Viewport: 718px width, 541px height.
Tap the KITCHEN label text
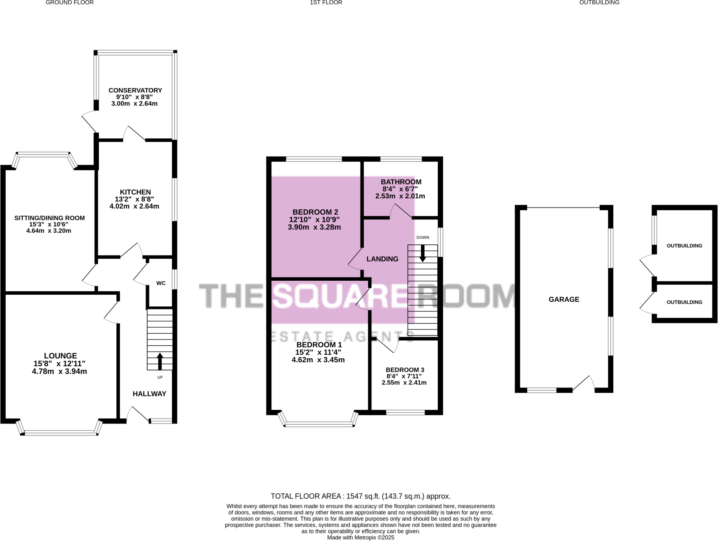[135, 192]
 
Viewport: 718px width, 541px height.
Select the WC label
[161, 283]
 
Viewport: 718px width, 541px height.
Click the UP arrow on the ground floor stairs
[160, 361]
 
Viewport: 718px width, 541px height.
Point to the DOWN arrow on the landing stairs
[422, 253]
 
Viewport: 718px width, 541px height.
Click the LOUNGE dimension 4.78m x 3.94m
[60, 371]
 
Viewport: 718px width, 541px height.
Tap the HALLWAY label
[149, 394]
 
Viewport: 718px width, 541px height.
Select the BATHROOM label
[401, 182]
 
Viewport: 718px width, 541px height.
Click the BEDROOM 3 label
[405, 370]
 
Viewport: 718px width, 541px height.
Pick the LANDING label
[382, 259]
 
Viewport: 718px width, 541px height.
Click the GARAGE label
[564, 299]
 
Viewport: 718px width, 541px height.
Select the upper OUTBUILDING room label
[684, 246]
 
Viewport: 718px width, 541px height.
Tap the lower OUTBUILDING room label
[684, 302]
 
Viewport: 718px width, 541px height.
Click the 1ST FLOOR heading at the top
[326, 3]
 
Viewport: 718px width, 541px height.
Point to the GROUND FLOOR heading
[70, 3]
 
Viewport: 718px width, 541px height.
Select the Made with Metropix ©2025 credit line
[360, 537]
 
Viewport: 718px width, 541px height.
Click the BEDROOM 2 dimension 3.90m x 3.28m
[314, 228]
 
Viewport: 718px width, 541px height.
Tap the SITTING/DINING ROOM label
[50, 218]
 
